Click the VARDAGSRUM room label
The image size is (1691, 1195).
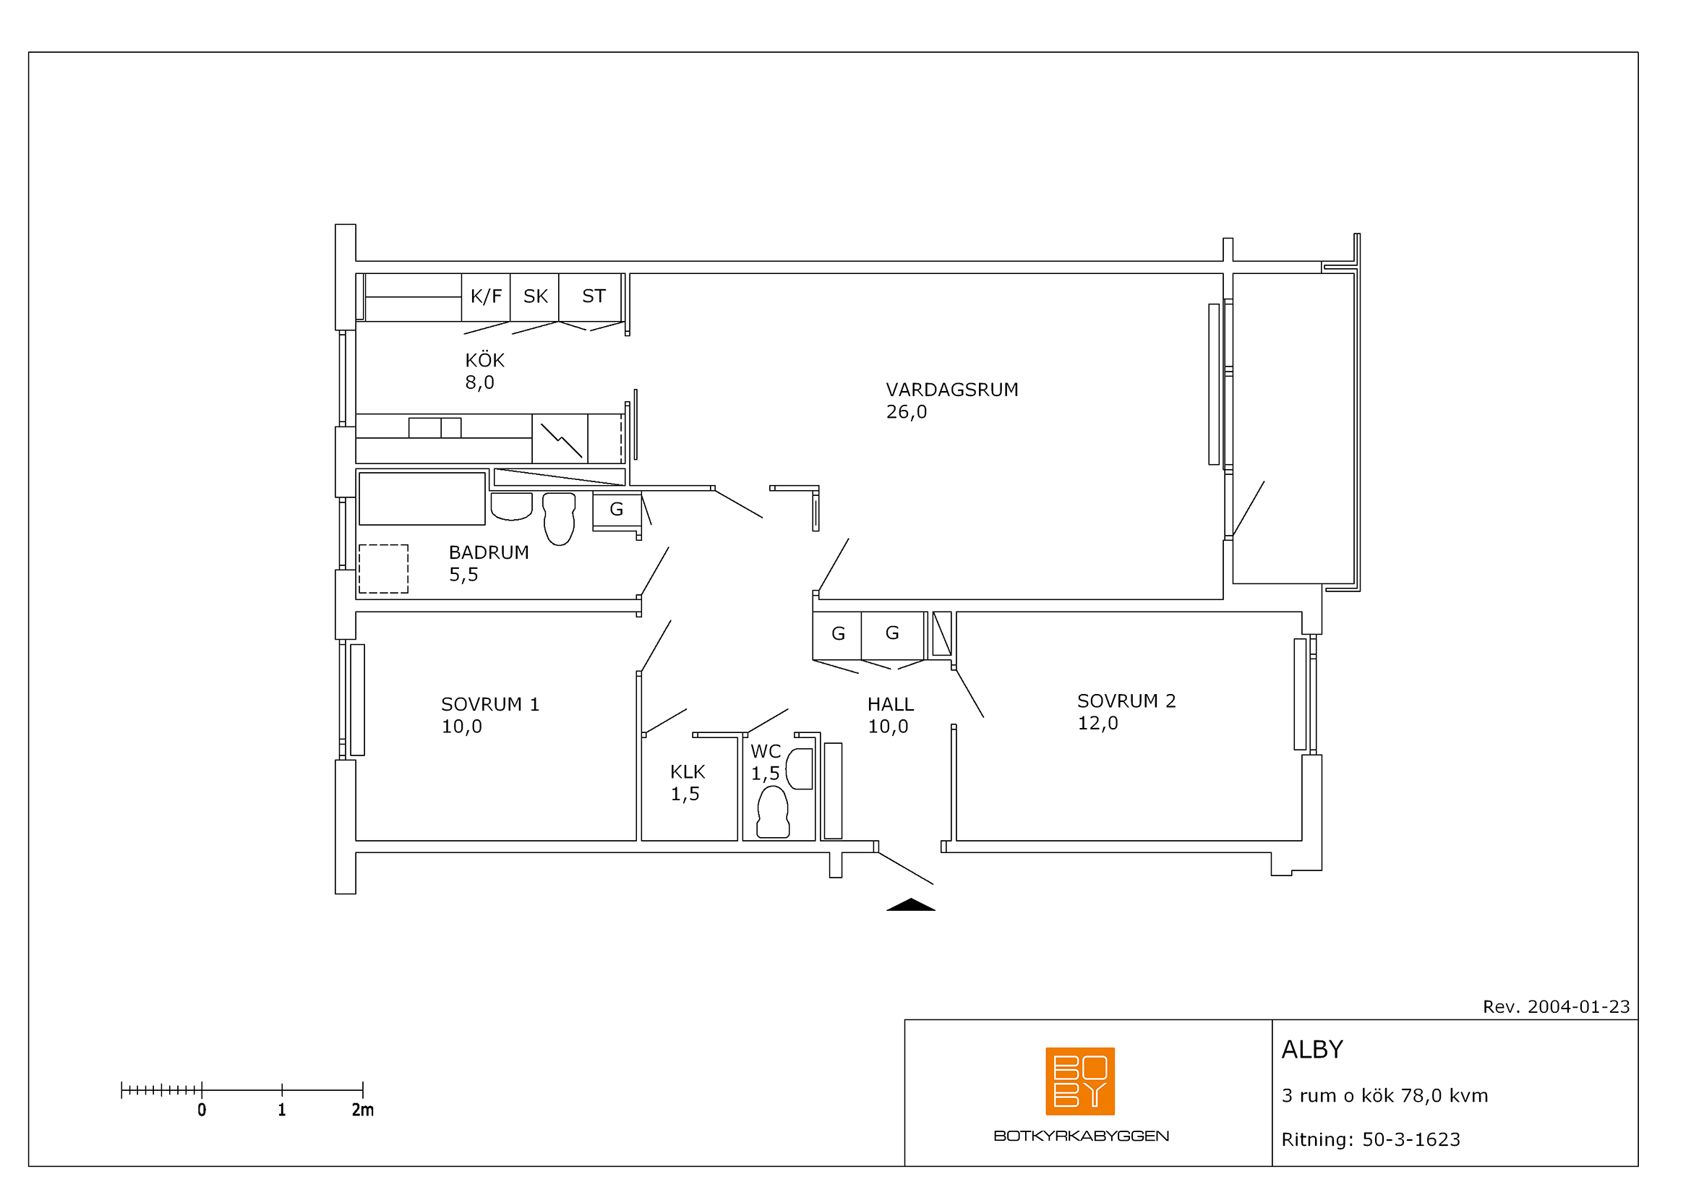951,390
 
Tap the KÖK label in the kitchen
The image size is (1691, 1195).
484,360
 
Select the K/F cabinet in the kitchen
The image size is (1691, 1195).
486,296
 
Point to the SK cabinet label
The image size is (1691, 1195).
536,296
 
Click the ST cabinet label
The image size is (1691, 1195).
594,296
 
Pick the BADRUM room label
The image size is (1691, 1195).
489,552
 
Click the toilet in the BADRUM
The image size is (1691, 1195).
558,519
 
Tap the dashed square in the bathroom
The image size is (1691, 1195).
384,569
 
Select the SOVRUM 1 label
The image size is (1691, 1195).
490,704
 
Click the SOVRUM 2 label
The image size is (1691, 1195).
1126,701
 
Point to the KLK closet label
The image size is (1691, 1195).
687,771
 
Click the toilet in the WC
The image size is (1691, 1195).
773,812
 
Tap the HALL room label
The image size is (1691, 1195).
891,705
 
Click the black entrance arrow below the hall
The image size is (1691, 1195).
910,905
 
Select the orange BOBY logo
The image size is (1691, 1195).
1079,1082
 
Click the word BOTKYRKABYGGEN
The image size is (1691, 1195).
1081,1136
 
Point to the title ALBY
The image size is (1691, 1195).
1312,1049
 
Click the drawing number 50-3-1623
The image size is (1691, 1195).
1411,1140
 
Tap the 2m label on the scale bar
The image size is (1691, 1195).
362,1110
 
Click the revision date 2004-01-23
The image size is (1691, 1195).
1579,1006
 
